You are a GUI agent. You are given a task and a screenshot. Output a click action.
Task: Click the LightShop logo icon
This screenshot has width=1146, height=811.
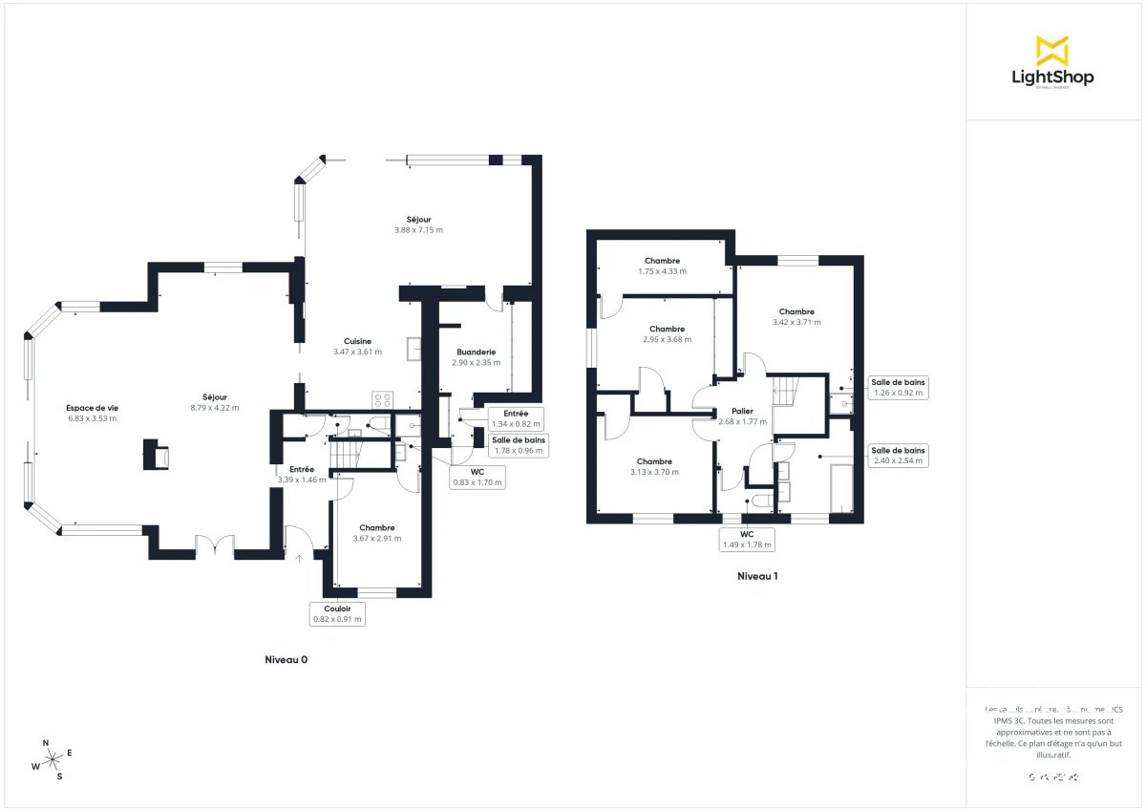pos(1052,50)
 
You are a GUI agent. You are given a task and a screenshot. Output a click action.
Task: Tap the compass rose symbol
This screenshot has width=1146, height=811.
pos(52,759)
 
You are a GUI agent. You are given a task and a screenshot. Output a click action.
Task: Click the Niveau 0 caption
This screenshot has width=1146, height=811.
pos(286,660)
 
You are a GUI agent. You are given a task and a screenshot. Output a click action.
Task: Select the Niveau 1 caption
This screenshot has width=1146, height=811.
pos(757,576)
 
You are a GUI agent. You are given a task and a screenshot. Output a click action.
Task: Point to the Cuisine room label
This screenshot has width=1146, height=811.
pos(357,346)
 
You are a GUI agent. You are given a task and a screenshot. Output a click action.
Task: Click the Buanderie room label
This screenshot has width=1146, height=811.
pos(476,356)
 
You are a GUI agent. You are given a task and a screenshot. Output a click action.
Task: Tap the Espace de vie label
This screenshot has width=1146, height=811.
pos(92,413)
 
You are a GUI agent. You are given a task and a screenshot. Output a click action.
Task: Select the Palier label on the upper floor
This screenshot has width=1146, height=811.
pos(742,416)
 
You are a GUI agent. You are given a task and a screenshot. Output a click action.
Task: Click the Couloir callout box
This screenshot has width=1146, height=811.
pos(337,612)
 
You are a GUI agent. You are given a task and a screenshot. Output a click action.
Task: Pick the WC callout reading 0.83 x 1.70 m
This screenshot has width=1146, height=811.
pos(477,477)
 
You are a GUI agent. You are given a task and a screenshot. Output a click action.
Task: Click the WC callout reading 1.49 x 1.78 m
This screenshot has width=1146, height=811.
pos(746,539)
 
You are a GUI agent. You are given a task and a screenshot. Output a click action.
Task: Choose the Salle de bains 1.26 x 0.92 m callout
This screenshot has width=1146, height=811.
pos(898,386)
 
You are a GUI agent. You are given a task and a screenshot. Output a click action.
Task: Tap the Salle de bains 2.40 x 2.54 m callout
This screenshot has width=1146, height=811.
pos(898,455)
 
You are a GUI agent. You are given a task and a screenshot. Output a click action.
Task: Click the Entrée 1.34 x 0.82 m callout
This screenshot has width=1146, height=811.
pos(516,417)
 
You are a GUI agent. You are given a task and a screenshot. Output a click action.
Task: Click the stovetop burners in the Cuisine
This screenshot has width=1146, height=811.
pos(383,400)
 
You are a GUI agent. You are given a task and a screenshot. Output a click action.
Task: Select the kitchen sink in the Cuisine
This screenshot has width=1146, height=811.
pos(414,350)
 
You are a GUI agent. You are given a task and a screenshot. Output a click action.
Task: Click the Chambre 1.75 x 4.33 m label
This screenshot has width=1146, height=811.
pos(662,266)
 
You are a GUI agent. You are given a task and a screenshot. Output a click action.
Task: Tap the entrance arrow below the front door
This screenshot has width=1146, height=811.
pos(300,557)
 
